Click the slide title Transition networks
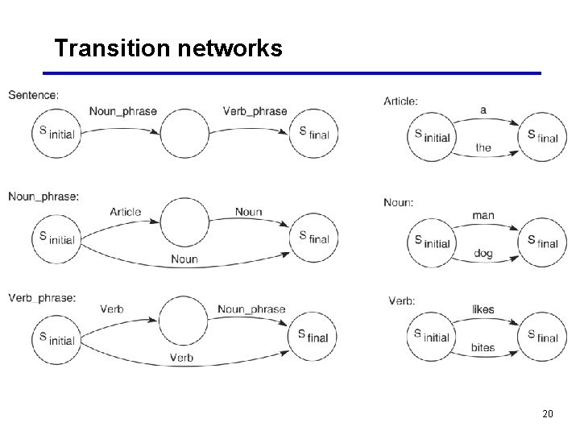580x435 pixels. [168, 48]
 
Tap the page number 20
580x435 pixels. [548, 414]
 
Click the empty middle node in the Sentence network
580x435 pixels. [184, 133]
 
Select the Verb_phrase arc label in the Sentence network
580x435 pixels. [255, 111]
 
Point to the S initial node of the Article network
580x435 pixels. [431, 136]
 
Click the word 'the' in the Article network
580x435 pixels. [483, 147]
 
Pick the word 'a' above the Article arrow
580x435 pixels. [483, 110]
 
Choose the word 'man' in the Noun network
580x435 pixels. [483, 215]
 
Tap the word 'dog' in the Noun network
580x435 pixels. [483, 254]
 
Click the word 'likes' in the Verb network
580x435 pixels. [483, 309]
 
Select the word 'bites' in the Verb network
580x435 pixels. [483, 348]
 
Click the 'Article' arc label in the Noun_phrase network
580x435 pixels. [126, 212]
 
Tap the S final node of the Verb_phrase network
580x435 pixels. [313, 336]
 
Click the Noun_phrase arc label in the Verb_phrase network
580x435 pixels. [251, 309]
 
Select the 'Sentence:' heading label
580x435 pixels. [33, 95]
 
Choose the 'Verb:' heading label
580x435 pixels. [402, 300]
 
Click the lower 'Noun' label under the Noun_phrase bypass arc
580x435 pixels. [184, 259]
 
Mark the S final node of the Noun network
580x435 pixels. [542, 242]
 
